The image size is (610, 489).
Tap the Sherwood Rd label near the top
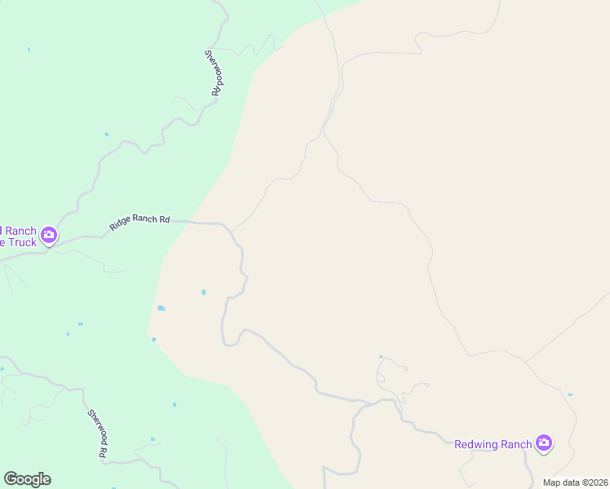[214, 73]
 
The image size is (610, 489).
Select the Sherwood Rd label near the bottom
[99, 433]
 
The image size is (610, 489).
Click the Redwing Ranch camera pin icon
[544, 444]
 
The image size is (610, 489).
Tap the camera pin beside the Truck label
[49, 236]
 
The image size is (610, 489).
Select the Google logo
[27, 479]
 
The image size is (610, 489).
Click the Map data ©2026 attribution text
[574, 482]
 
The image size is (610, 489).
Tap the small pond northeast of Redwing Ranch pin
[570, 394]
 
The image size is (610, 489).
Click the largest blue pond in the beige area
[161, 308]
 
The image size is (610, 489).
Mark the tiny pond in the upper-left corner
[29, 50]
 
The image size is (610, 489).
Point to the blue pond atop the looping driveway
[381, 356]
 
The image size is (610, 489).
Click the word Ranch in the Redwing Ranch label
[516, 444]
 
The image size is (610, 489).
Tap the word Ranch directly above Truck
[20, 231]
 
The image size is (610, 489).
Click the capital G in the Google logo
[10, 479]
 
